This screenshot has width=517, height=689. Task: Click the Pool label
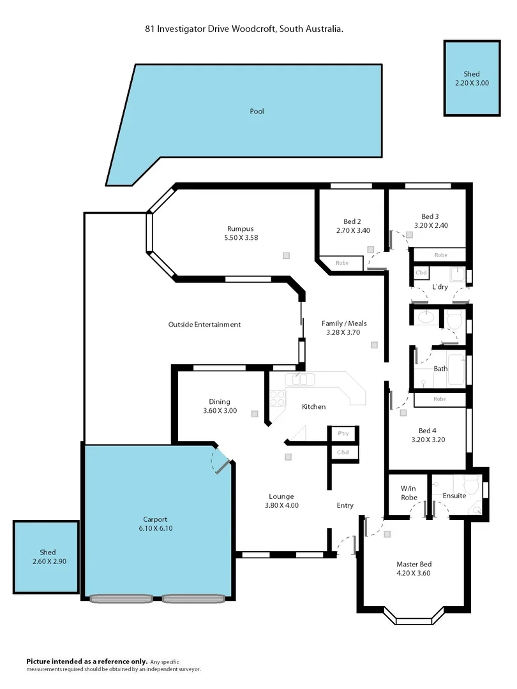tap(257, 112)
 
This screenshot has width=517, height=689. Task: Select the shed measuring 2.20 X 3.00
tap(472, 78)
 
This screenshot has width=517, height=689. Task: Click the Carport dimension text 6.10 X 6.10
tap(155, 528)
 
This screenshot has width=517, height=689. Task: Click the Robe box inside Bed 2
tap(342, 263)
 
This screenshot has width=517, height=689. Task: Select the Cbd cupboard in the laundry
tap(421, 273)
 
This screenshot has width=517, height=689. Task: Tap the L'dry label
tap(439, 287)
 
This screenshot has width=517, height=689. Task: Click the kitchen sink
tap(300, 380)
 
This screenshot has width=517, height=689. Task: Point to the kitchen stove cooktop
tap(277, 399)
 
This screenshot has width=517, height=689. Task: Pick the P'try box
tap(343, 434)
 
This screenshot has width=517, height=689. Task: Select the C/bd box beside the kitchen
tap(343, 452)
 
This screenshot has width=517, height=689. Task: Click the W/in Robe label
tap(408, 493)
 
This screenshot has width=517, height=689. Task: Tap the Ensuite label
tap(454, 496)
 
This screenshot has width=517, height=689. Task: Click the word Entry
tap(345, 506)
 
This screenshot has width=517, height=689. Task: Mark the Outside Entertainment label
tap(204, 325)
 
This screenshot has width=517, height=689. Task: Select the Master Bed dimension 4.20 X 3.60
tap(414, 573)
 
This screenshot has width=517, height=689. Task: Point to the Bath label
tap(440, 369)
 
